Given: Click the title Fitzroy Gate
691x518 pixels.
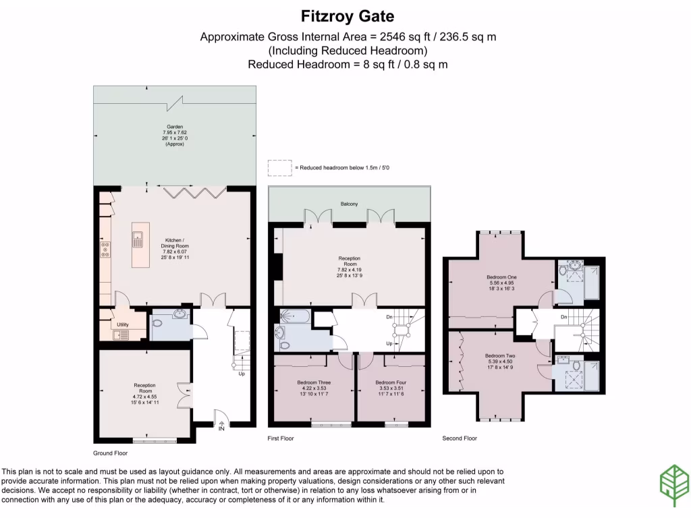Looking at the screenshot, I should click(348, 16).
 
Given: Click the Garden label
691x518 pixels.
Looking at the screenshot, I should click(175, 126).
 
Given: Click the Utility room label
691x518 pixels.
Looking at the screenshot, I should click(122, 324).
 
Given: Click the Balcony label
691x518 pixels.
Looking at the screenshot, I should click(349, 203).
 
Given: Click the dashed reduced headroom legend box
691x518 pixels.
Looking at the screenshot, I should click(278, 167).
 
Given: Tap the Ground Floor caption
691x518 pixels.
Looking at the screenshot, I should click(111, 454).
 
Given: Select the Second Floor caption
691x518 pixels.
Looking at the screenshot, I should click(460, 438).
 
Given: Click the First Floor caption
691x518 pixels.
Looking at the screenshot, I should click(281, 438).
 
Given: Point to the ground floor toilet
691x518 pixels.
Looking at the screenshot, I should click(157, 324).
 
